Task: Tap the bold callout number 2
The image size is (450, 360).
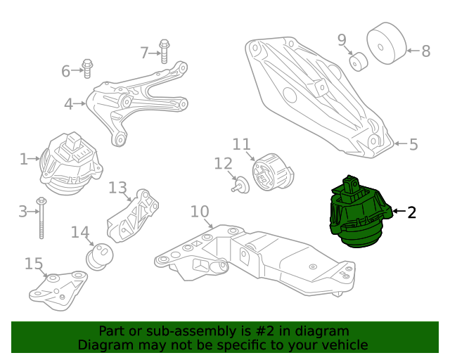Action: pos(411,212)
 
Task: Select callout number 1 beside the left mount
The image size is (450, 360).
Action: pos(24,159)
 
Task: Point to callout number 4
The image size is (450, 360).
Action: pos(68,105)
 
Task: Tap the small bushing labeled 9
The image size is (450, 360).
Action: pos(359,62)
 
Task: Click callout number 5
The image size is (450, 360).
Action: pos(413,144)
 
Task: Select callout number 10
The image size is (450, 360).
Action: pos(200,211)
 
